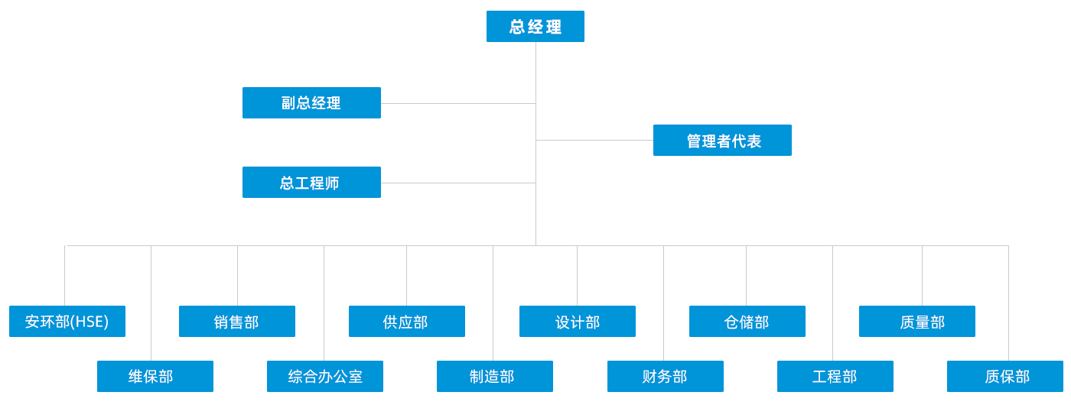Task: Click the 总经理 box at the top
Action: click(x=535, y=27)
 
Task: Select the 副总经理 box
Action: click(x=311, y=103)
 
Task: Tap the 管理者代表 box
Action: click(x=722, y=141)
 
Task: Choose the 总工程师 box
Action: click(x=311, y=183)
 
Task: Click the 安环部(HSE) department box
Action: click(x=67, y=322)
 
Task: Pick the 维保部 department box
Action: click(x=155, y=377)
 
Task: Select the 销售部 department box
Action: click(x=237, y=322)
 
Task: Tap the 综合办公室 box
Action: click(x=325, y=377)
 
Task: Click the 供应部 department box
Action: click(x=407, y=322)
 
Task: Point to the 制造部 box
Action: click(x=495, y=377)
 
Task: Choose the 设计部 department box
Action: click(x=578, y=322)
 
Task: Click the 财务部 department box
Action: click(x=666, y=377)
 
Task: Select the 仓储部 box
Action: click(x=747, y=322)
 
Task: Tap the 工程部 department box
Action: click(x=835, y=377)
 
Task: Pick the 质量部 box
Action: click(x=917, y=322)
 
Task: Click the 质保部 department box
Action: click(x=1005, y=377)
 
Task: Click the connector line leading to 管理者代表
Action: click(x=594, y=140)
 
